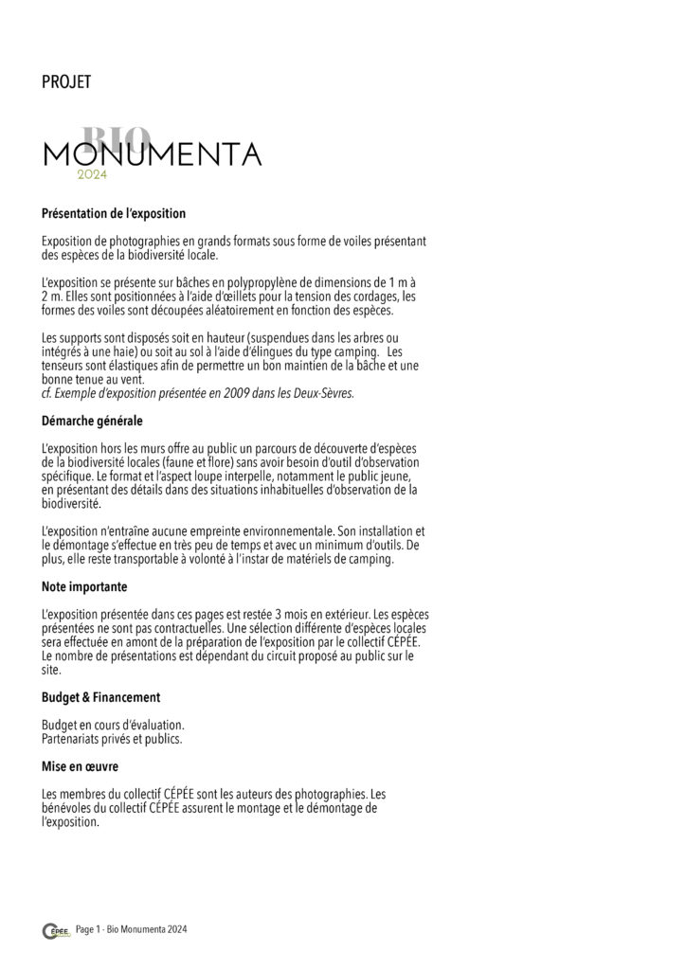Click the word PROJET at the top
66,83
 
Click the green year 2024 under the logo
93,175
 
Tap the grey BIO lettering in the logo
116,138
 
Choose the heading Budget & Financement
101,697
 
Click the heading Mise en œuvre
81,765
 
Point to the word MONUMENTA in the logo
152,153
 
